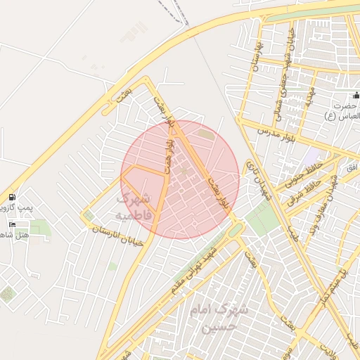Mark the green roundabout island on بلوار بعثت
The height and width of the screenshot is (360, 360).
point(234,230)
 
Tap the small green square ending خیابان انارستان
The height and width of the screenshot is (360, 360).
point(89,216)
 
